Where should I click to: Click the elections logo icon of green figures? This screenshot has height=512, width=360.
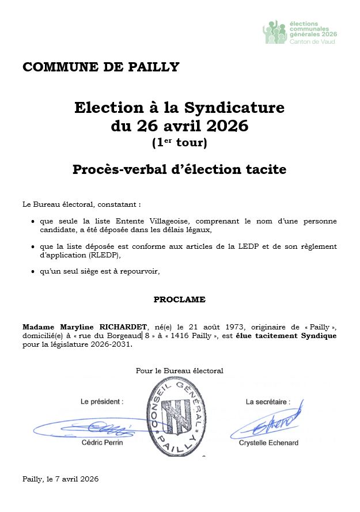point(275,33)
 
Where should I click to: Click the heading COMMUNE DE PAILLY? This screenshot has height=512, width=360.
point(101,67)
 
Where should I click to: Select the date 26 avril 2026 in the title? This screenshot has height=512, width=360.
point(192,125)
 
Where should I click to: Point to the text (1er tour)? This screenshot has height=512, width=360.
point(179,142)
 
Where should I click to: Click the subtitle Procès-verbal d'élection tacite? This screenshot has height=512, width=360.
point(179,170)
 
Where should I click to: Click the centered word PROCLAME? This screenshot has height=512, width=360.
point(179,299)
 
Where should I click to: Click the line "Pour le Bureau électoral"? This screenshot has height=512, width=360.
point(179,370)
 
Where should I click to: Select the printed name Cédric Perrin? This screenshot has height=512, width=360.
point(102,442)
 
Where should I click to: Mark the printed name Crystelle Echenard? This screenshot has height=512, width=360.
point(268,442)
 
